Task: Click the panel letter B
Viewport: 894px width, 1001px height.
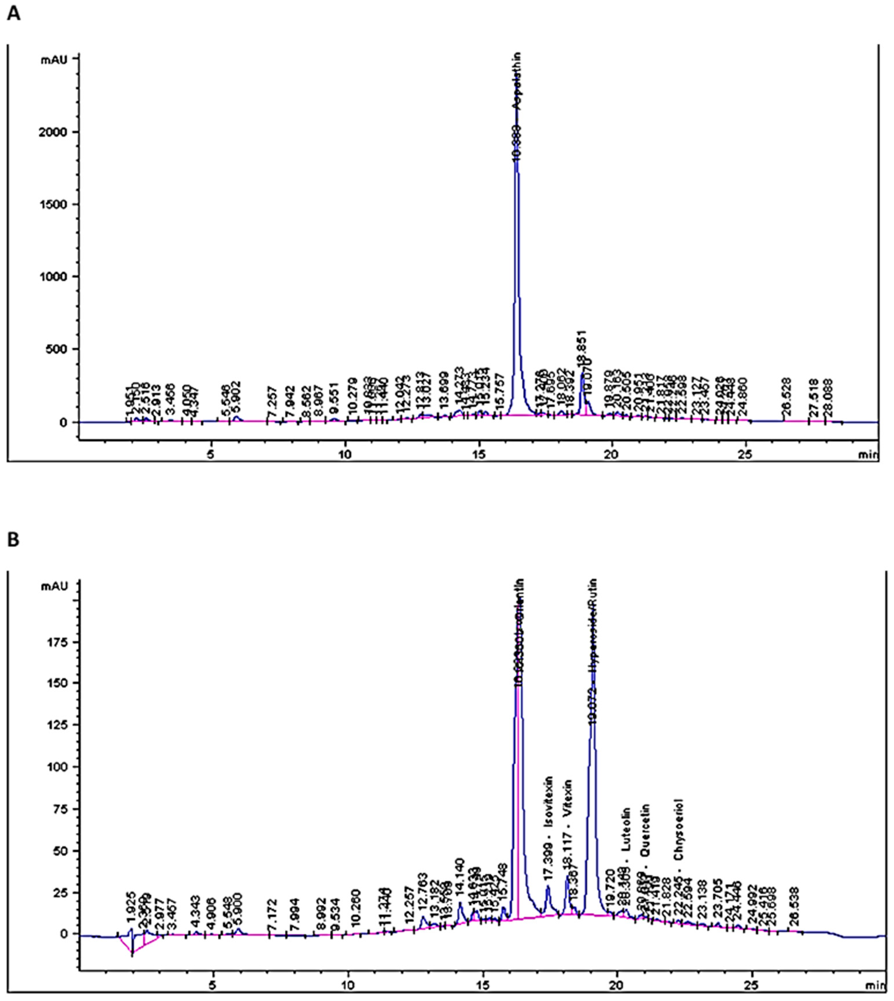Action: point(14,540)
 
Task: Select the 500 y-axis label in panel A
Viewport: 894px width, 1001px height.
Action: point(61,349)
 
